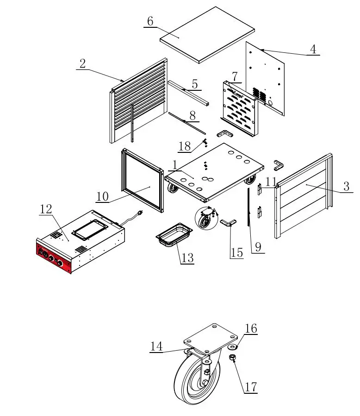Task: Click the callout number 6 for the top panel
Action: coord(150,21)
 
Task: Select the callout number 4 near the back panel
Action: coord(313,49)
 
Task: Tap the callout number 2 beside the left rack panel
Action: coord(82,64)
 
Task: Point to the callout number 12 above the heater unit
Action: coord(46,209)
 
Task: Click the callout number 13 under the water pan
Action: coord(187,258)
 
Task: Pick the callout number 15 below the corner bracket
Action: coord(236,253)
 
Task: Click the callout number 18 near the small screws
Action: coord(184,147)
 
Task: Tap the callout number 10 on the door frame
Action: coord(102,196)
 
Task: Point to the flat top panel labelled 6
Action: coord(207,34)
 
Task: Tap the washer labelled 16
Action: coord(232,346)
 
